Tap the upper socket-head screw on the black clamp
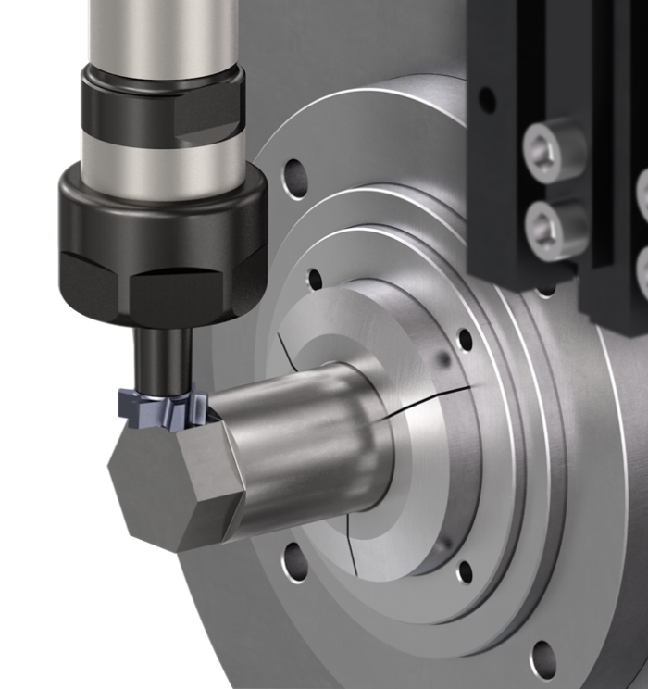tap(554, 149)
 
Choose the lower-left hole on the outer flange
tap(294, 561)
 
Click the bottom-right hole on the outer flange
tap(542, 658)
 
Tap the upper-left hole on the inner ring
tap(315, 279)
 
